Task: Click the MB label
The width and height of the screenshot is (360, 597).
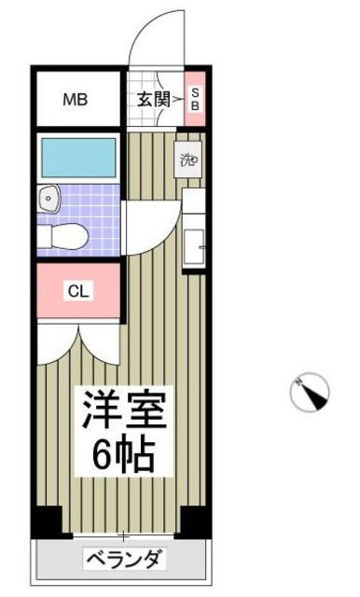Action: [x=76, y=98]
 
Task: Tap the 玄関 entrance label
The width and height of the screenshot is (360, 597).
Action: [x=152, y=98]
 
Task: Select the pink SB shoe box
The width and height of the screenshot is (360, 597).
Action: [x=196, y=98]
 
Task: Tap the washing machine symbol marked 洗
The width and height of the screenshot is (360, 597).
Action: [x=189, y=159]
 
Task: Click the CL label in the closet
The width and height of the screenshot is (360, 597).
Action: [x=78, y=291]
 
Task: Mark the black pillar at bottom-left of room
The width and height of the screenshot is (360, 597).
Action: [x=47, y=521]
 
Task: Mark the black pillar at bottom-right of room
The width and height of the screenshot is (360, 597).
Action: [x=193, y=521]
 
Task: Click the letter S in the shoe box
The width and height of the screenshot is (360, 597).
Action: [x=196, y=91]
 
